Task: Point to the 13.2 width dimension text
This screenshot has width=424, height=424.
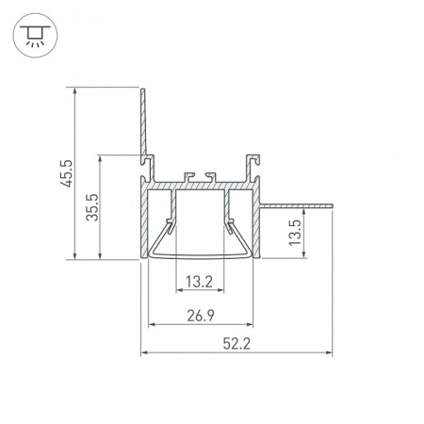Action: coord(199,281)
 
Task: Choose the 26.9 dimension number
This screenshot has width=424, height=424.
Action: coord(199,314)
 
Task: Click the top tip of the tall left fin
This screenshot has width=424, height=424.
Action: coord(141,90)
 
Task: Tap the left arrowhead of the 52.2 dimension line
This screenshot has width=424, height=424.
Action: coord(144,354)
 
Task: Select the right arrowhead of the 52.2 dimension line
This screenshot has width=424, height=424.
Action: coord(333,354)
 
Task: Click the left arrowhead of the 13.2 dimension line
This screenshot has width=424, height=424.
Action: coord(175,293)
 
